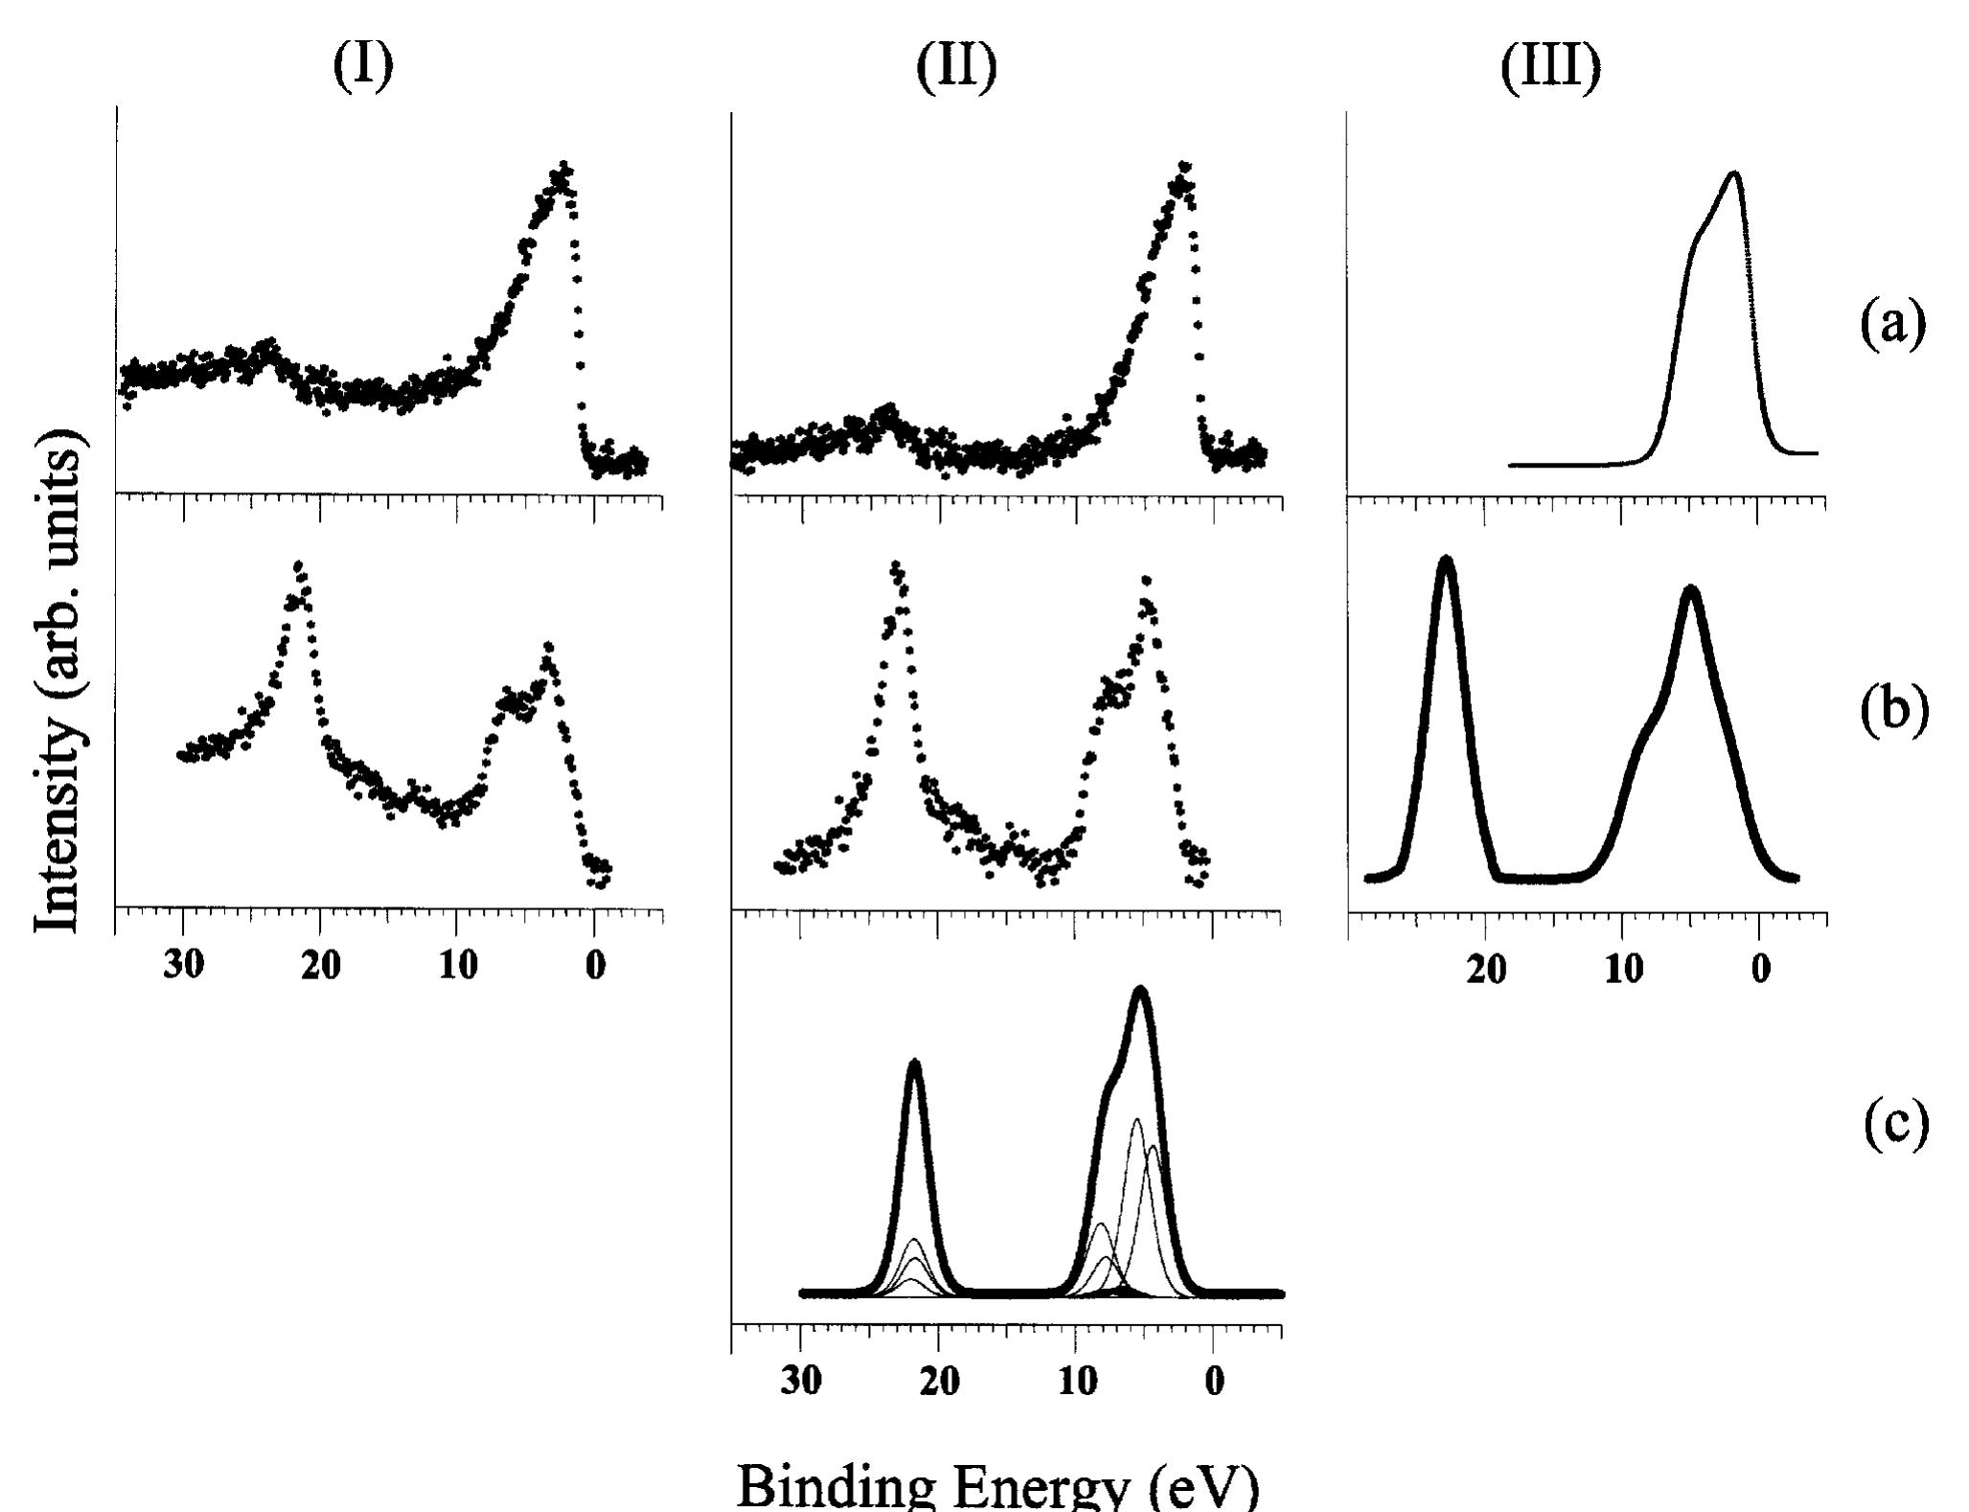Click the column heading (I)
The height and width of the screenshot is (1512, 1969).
[x=363, y=67]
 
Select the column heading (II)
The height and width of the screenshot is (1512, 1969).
[x=956, y=67]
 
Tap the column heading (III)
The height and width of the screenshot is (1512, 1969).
[x=1549, y=67]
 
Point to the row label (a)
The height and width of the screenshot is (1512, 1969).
[x=1892, y=324]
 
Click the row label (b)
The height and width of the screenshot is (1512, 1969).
[x=1892, y=711]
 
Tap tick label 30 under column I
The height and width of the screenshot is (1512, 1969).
[x=184, y=965]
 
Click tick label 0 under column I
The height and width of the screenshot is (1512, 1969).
[x=595, y=965]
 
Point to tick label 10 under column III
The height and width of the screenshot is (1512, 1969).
[x=1623, y=970]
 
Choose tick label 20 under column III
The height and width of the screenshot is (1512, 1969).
[x=1486, y=970]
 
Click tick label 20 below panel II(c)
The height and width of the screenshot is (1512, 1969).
[x=938, y=1384]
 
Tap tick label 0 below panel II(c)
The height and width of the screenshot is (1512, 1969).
[x=1213, y=1384]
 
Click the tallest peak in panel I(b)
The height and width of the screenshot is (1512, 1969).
[x=299, y=566]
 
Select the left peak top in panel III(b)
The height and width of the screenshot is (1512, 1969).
[x=1446, y=560]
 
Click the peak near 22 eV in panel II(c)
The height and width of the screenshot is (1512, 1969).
[x=915, y=1063]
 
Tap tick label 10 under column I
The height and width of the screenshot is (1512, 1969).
[x=458, y=965]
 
